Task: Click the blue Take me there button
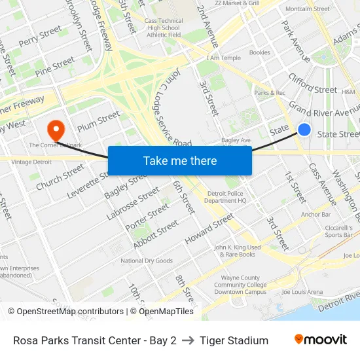tap(179, 160)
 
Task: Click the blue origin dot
tap(304, 130)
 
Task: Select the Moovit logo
tap(320, 340)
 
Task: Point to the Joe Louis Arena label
tap(302, 292)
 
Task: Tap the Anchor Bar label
tap(315, 214)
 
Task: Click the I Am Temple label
tap(223, 58)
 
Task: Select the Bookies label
tap(259, 52)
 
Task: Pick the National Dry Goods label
tap(147, 261)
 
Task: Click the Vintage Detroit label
tap(31, 162)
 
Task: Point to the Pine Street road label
tap(55, 65)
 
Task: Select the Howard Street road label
tap(209, 229)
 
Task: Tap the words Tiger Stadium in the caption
tap(234, 340)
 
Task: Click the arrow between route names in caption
tap(188, 340)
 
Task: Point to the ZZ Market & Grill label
tap(238, 3)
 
